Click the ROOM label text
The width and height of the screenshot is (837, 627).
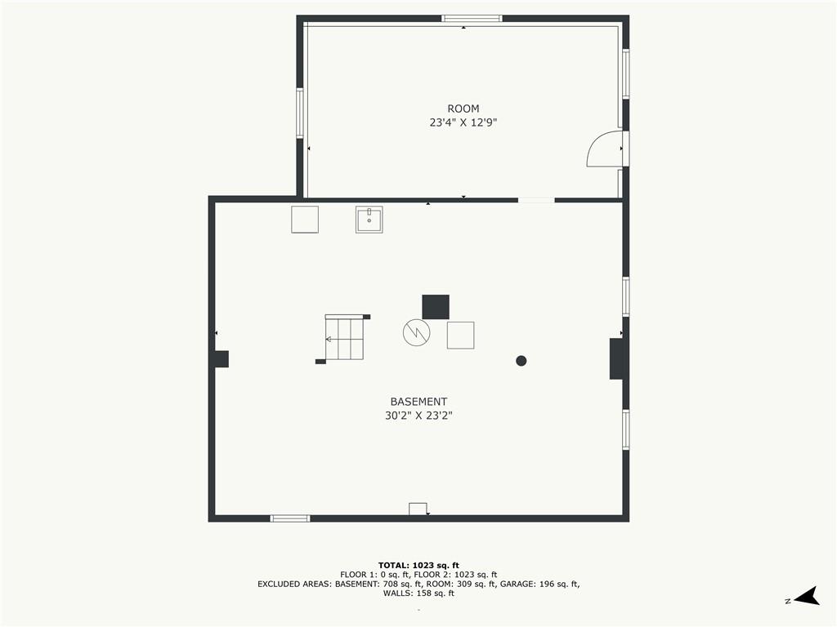pyautogui.click(x=463, y=109)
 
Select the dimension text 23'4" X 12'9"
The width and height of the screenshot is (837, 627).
pyautogui.click(x=463, y=122)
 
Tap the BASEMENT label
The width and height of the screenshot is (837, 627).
pyautogui.click(x=418, y=402)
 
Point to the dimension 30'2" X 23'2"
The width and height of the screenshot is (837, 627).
pyautogui.click(x=418, y=416)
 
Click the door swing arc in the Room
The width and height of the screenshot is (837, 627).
pyautogui.click(x=593, y=144)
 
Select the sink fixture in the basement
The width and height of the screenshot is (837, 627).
pyautogui.click(x=369, y=220)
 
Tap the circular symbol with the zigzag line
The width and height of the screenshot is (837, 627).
pyautogui.click(x=416, y=333)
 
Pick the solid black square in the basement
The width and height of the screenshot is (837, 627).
pyautogui.click(x=436, y=307)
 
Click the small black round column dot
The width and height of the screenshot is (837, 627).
pyautogui.click(x=521, y=361)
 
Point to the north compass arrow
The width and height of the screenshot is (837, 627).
pyautogui.click(x=807, y=597)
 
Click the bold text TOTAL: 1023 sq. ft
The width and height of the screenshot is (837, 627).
pyautogui.click(x=418, y=566)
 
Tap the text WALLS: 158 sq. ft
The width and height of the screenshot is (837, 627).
pyautogui.click(x=418, y=594)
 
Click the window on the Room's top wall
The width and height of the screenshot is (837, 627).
pyautogui.click(x=472, y=19)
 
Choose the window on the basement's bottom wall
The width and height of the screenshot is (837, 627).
pyautogui.click(x=290, y=518)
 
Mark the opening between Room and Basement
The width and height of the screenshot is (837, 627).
pyautogui.click(x=536, y=200)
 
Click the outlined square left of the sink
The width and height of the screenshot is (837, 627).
pyautogui.click(x=305, y=220)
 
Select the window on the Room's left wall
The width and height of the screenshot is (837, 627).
pyautogui.click(x=300, y=113)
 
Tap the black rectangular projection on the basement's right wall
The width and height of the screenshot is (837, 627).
pyautogui.click(x=616, y=359)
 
